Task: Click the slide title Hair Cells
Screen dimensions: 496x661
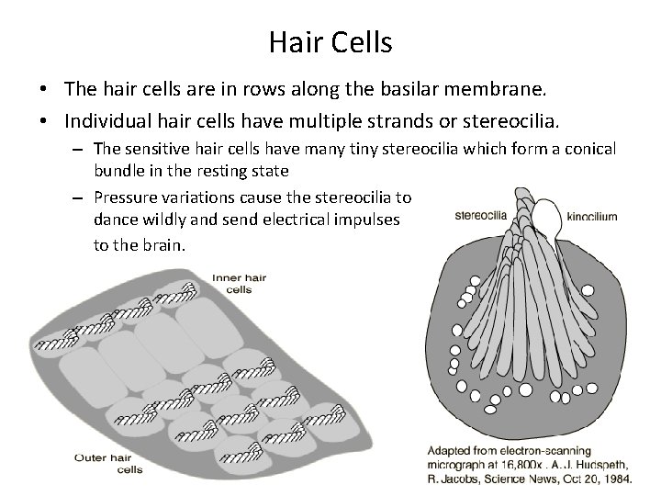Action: point(330,41)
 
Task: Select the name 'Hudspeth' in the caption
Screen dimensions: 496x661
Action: point(598,464)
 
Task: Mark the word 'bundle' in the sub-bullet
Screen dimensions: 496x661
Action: point(118,172)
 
